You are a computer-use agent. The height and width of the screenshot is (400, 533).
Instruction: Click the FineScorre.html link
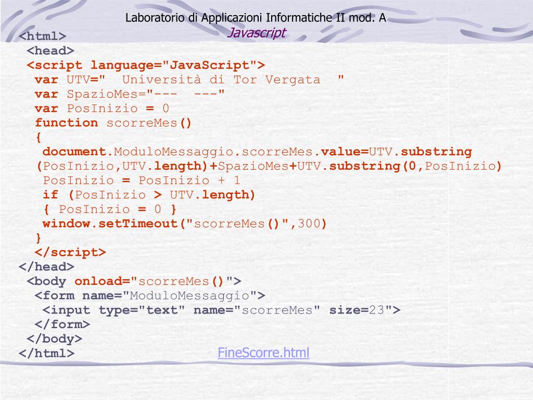(x=263, y=353)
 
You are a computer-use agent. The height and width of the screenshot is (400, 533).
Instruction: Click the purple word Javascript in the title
(x=258, y=33)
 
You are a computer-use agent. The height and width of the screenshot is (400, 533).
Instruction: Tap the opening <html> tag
(x=43, y=36)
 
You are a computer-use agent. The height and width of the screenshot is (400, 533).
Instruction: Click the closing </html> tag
(x=46, y=353)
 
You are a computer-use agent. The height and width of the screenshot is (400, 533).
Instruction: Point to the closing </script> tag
(x=70, y=252)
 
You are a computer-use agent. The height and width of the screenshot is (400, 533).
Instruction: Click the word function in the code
(x=66, y=123)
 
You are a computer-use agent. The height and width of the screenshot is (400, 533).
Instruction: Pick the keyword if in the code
(x=50, y=195)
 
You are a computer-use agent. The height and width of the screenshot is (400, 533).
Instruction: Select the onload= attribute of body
(x=102, y=281)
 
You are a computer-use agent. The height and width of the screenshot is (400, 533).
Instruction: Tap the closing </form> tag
(x=62, y=324)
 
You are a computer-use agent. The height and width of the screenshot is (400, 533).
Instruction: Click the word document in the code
(x=74, y=152)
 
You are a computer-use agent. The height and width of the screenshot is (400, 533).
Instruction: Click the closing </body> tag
(x=55, y=339)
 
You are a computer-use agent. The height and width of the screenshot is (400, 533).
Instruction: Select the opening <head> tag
(x=50, y=51)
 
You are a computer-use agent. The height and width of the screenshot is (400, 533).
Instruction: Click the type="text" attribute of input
(x=142, y=310)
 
